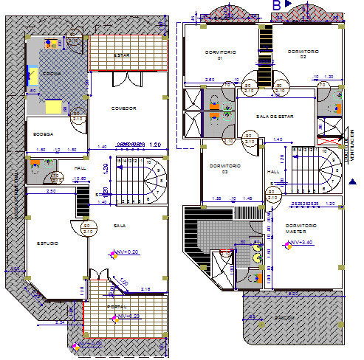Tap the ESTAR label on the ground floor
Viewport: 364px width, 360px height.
(122, 55)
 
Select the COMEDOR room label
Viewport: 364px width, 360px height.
(124, 108)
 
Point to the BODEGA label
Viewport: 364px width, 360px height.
(43, 134)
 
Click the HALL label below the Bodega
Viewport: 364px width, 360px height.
(80, 168)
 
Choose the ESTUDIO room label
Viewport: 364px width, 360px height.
(47, 243)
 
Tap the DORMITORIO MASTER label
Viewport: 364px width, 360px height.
(301, 228)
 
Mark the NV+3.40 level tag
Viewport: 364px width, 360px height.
(303, 242)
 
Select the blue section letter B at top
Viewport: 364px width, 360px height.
(277, 5)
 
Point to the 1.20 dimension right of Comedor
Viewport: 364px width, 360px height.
(155, 145)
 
